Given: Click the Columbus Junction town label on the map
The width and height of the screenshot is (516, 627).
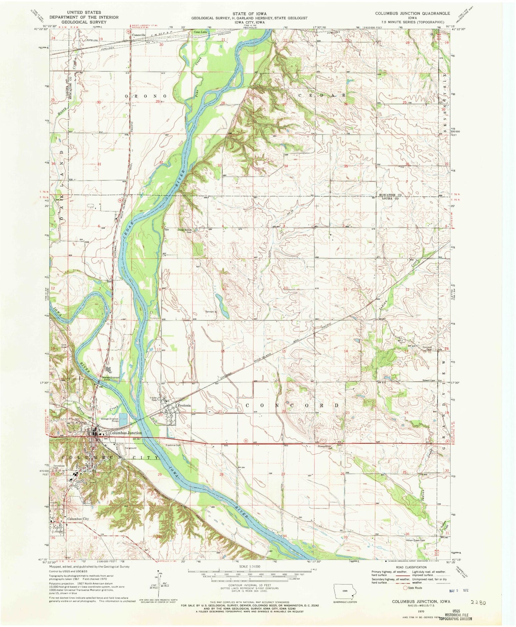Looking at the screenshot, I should (x=125, y=433).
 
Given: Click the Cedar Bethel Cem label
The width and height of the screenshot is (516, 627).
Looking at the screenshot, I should (x=185, y=230).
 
